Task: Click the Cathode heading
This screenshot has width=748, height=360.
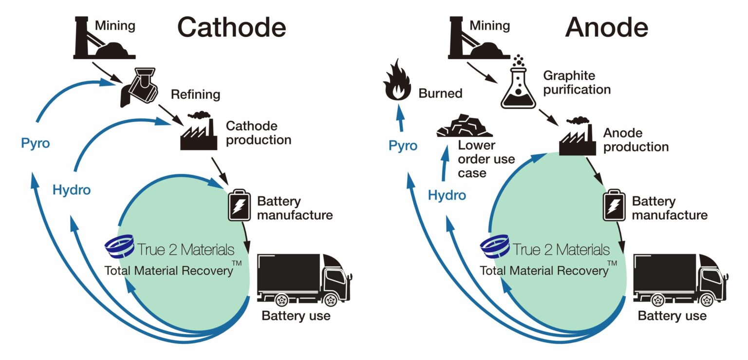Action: click(x=231, y=27)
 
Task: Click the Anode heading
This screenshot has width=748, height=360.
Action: click(x=606, y=27)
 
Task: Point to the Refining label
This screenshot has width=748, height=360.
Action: click(x=195, y=94)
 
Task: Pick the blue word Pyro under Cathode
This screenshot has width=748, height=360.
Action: click(x=36, y=144)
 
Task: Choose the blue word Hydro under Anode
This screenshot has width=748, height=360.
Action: click(x=447, y=196)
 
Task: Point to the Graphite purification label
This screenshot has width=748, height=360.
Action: click(x=577, y=83)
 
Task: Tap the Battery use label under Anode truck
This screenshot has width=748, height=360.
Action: click(x=672, y=316)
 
